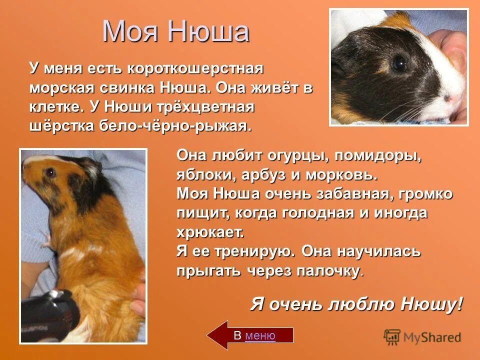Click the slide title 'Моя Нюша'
pos(175,31)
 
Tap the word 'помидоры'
pos(377,156)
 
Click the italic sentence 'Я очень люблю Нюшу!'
pos(356,303)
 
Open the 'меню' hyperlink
pos(260,335)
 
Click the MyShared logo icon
pos(392,337)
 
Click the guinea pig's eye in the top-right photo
pos(399,63)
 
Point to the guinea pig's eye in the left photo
pos(50,172)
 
